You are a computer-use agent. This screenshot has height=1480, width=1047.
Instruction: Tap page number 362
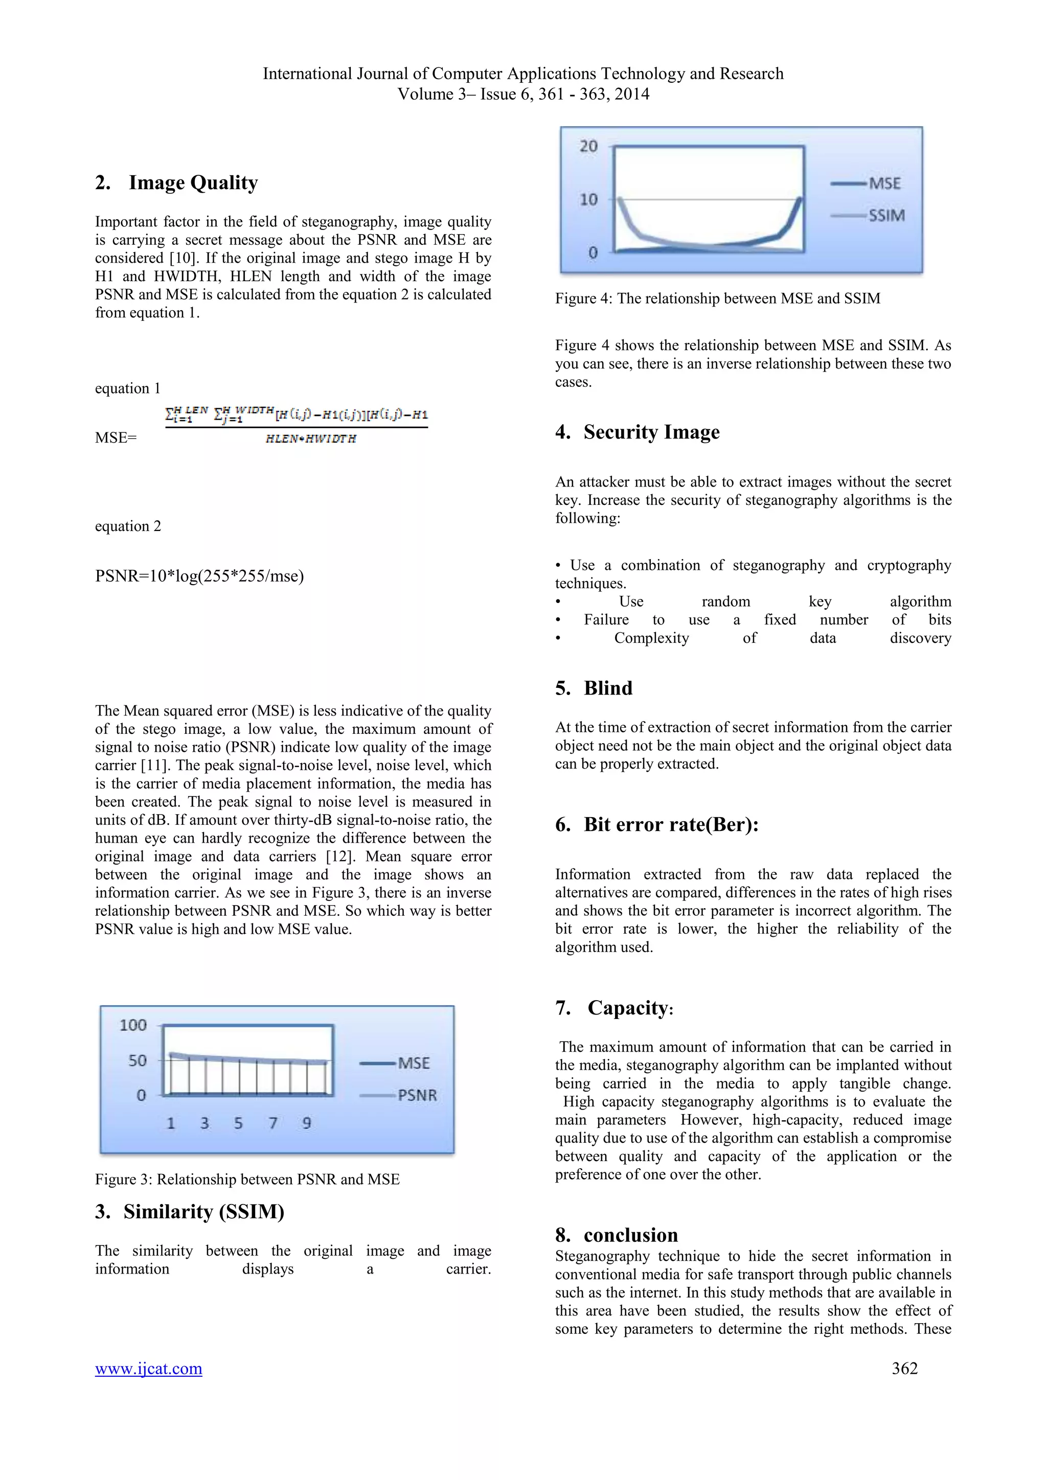click(x=904, y=1368)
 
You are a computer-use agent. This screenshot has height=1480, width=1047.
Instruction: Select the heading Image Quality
click(x=193, y=182)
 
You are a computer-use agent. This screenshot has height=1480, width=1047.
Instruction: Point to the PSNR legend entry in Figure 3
click(x=417, y=1095)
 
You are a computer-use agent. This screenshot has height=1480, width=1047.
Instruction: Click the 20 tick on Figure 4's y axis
click(x=588, y=146)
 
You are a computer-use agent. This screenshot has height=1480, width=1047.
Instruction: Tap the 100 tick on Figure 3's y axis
click(x=133, y=1025)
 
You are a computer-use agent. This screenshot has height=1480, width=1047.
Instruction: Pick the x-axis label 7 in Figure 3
click(x=272, y=1123)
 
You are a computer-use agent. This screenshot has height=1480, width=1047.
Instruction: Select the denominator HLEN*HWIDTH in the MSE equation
click(x=311, y=439)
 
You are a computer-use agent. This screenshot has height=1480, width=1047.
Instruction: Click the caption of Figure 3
click(x=247, y=1179)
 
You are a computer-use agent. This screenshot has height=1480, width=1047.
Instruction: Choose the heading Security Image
click(x=651, y=432)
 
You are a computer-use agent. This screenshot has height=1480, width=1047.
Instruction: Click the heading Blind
click(x=607, y=688)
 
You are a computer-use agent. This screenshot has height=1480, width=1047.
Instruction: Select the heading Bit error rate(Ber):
click(x=671, y=824)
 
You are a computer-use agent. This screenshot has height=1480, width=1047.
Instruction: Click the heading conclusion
click(x=630, y=1235)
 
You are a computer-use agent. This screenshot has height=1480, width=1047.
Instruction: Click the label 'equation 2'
click(x=128, y=526)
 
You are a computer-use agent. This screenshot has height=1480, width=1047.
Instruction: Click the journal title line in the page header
click(x=523, y=74)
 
